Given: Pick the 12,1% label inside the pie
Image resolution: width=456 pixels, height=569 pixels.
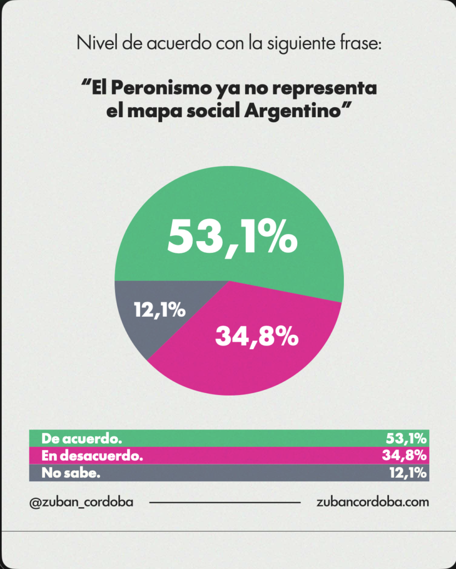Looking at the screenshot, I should tap(159, 310).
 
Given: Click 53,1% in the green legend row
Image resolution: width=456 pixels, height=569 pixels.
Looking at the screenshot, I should tap(406, 438).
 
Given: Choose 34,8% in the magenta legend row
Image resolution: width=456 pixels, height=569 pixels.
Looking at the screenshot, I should tap(406, 456).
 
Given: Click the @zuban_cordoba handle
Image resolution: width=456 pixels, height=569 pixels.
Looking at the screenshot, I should tap(81, 502).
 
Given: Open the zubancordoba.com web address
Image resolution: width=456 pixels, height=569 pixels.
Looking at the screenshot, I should tap(372, 502).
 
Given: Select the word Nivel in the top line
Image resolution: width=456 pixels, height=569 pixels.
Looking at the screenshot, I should tap(94, 43).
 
